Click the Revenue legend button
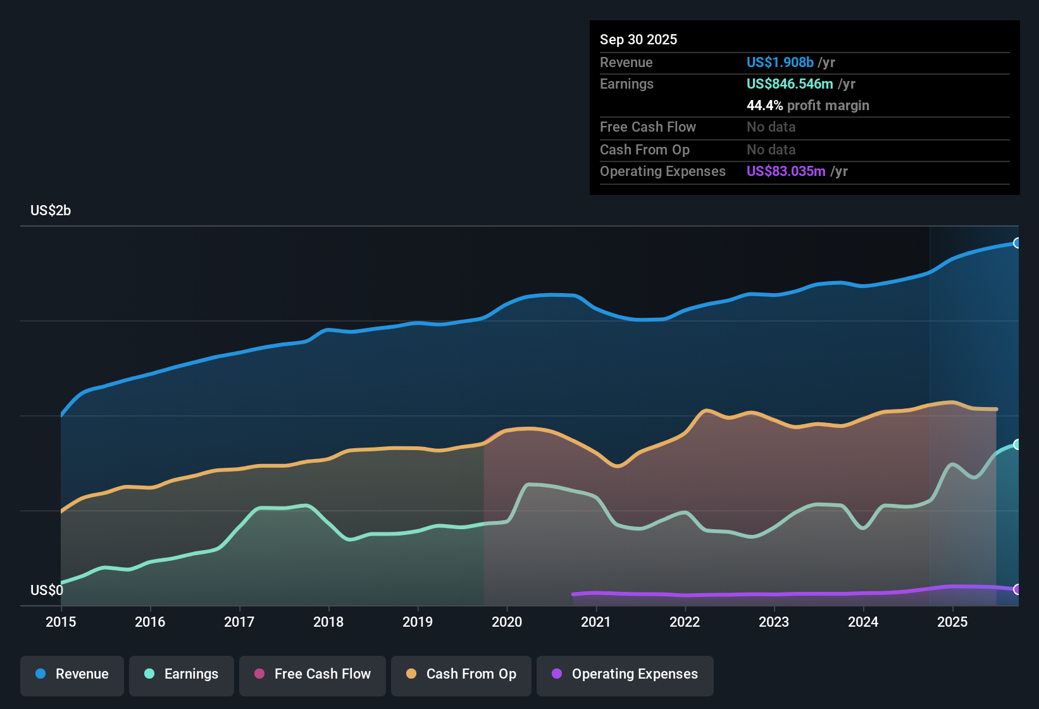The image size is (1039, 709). coord(72,674)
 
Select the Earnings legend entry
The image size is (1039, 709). coord(182,674)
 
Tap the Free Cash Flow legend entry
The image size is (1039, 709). coord(313,674)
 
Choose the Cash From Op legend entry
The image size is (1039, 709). coord(461,674)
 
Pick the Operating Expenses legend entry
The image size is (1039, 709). coord(625,674)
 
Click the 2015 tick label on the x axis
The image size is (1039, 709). coord(61,622)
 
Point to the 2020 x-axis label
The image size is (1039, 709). coord(507,622)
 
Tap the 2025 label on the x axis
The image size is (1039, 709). coord(952,622)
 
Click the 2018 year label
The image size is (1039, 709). coord(328,622)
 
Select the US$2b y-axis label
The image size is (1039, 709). coord(51,210)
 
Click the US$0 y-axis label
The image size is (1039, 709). coord(47,590)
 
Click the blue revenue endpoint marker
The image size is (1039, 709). coord(1017,243)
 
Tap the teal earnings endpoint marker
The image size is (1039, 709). coord(1017,444)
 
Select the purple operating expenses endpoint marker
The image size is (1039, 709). coord(1017,589)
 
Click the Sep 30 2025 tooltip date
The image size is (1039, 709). coord(638,39)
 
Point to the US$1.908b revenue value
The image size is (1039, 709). coord(780,62)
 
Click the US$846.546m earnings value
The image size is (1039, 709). coord(790,84)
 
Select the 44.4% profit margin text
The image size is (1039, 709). coord(807,105)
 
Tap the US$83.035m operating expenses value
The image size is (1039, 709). coord(786,171)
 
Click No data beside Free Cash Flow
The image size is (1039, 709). coord(771,127)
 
